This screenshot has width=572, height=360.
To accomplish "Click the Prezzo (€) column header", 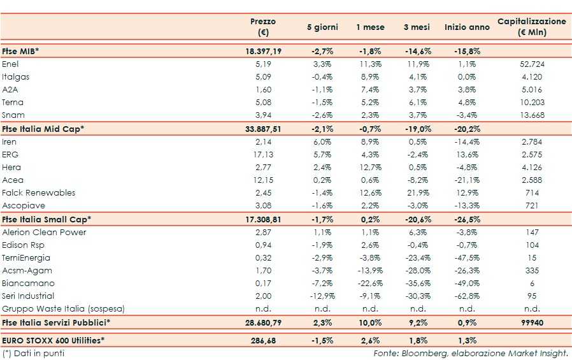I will (x=263, y=27).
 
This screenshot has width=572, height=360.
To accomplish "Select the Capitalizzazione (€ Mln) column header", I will (x=531, y=27).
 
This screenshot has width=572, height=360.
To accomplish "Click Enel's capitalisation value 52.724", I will (x=531, y=64).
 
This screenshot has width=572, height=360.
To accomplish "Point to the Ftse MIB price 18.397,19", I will (x=263, y=51).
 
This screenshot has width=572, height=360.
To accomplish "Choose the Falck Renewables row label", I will (x=39, y=192).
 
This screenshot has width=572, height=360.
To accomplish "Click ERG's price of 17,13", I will (x=263, y=154).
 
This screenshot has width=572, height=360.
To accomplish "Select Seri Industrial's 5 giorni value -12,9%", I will (x=322, y=296).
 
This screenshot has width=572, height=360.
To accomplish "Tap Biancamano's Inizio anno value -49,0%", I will (x=467, y=283).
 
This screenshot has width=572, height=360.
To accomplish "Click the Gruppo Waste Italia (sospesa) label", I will (x=63, y=309).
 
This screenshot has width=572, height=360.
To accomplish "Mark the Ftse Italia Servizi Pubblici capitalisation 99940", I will (x=531, y=322).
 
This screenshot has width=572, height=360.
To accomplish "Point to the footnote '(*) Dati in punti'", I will (x=33, y=353).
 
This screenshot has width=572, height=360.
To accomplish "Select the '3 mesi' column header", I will (x=417, y=27).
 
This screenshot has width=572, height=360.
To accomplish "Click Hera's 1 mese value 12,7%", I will (x=369, y=167).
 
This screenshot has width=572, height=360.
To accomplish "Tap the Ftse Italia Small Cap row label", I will (x=46, y=219).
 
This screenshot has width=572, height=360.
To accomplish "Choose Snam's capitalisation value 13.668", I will (x=531, y=115).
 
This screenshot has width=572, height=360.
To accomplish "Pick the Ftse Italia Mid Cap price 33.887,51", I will (x=263, y=129).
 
